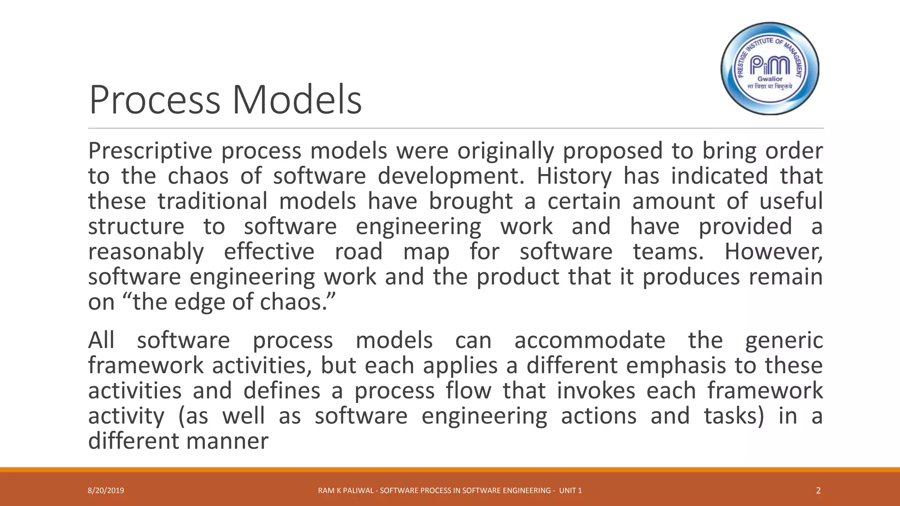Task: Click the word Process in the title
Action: point(154,100)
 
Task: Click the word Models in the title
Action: point(297,100)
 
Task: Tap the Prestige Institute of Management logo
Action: point(770,69)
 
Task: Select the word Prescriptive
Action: point(150,151)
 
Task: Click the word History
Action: point(574,176)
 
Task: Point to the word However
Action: point(773,252)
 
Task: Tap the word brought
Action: point(471,202)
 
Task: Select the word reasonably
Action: point(146,252)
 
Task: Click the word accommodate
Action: point(590,340)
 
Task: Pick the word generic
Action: point(784,341)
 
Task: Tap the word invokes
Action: point(596,390)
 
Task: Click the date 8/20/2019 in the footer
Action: point(106,491)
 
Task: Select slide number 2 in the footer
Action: point(818,491)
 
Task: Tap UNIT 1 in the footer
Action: point(570,491)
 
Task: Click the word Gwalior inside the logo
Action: point(770,79)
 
